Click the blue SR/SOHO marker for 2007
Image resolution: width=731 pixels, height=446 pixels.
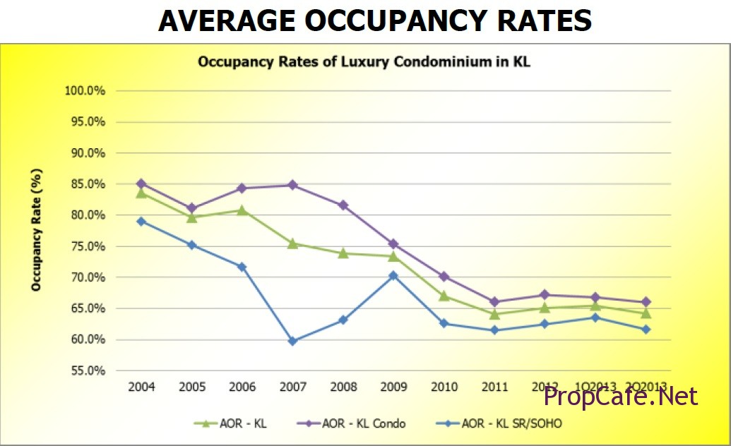(x=292, y=341)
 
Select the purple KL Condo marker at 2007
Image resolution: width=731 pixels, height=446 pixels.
(x=292, y=185)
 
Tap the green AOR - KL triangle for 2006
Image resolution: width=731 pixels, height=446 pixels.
(x=242, y=210)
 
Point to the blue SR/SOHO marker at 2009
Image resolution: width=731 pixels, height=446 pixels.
(x=393, y=275)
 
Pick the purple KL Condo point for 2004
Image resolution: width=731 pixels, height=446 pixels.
(x=141, y=183)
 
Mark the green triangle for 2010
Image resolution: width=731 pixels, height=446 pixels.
(x=444, y=295)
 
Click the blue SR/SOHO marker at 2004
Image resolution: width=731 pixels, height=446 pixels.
(x=141, y=221)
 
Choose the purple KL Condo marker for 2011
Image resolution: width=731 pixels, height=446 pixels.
(x=494, y=302)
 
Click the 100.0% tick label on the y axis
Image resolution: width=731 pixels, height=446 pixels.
(x=85, y=91)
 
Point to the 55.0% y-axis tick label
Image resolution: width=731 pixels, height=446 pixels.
(x=87, y=370)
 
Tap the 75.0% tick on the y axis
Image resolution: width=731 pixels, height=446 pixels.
(x=87, y=246)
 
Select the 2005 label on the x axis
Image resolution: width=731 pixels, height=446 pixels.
(x=191, y=387)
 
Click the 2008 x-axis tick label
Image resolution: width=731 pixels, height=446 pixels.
(x=343, y=387)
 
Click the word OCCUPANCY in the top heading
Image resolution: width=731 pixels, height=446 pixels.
(x=374, y=21)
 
